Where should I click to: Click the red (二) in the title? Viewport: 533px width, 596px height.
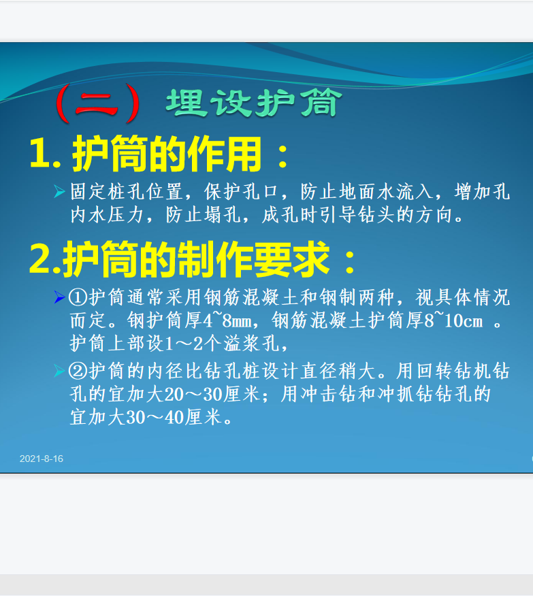click(97, 103)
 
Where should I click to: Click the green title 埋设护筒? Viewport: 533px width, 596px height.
click(254, 103)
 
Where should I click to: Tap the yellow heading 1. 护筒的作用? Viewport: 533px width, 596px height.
click(159, 154)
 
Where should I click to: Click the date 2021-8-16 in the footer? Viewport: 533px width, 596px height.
click(42, 459)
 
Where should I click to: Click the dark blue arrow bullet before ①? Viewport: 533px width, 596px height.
click(60, 297)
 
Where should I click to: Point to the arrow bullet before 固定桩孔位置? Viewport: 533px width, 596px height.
click(60, 192)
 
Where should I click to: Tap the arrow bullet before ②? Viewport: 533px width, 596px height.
click(60, 371)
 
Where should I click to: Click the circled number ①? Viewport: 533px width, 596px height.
click(78, 297)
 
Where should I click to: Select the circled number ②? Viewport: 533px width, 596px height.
click(78, 371)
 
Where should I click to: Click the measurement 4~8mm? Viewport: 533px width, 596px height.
click(227, 320)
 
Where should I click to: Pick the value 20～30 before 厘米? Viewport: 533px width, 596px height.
click(193, 394)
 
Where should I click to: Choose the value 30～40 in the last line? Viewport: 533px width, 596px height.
click(155, 417)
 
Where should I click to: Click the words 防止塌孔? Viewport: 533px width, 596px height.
click(203, 215)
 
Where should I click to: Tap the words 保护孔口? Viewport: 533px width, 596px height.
click(242, 192)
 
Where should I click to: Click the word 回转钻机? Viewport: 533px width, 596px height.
click(453, 371)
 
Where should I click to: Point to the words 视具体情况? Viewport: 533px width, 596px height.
click(463, 297)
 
